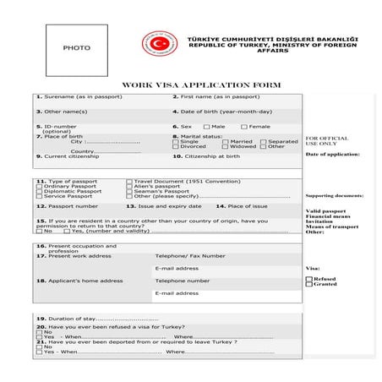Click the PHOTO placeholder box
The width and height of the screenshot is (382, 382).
(x=76, y=50)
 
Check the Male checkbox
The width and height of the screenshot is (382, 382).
(x=205, y=127)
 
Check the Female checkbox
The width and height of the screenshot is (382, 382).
(x=243, y=127)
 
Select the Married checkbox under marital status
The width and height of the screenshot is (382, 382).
(x=226, y=141)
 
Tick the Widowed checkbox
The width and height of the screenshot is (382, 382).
(x=226, y=147)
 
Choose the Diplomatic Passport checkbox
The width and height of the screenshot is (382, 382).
(x=39, y=191)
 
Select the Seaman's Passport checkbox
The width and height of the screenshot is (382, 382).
(x=128, y=191)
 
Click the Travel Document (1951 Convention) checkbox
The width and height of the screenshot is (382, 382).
(x=128, y=181)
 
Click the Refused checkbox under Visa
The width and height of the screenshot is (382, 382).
(x=308, y=278)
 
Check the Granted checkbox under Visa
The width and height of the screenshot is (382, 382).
(x=308, y=284)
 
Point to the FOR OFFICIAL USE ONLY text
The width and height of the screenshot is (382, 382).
(x=326, y=141)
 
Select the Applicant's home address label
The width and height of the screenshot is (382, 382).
(x=79, y=281)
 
